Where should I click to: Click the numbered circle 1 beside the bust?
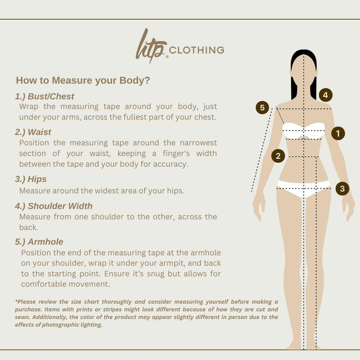pos(338,133)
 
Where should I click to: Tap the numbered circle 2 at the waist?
pos(278,156)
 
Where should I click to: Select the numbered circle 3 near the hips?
pos(342,188)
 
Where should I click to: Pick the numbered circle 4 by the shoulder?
pos(326,95)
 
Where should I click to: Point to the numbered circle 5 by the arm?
pos(262,108)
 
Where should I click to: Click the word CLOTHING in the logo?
pos(197,50)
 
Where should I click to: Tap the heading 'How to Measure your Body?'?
pos(83,81)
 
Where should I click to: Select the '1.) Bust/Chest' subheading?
pos(45,96)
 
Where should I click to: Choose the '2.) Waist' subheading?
pos(33,132)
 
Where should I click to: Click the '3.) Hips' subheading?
pos(31,179)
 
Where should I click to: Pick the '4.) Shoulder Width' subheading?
pos(54,206)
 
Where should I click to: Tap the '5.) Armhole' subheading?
pos(39,242)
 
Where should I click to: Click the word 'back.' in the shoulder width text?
pos(29,227)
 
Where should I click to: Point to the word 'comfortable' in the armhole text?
pos(44,284)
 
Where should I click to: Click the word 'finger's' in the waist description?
pos(176,153)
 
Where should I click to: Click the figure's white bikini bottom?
pos(303,188)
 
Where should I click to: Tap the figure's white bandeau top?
pos(303,131)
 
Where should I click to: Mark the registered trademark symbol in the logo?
pos(167,57)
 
